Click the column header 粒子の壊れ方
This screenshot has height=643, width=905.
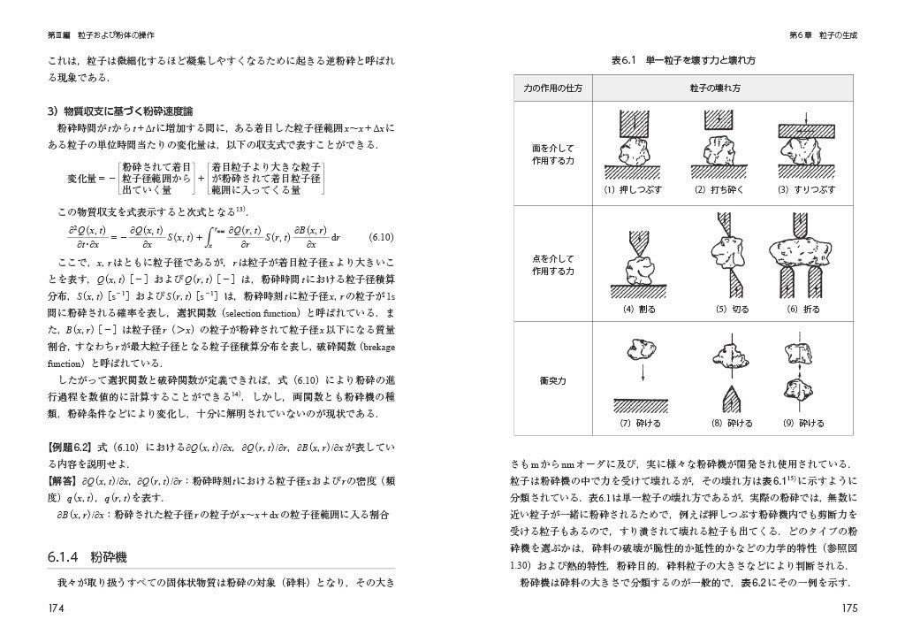(x=717, y=89)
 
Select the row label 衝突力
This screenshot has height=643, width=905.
(x=552, y=381)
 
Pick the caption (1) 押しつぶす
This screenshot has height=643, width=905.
(x=634, y=190)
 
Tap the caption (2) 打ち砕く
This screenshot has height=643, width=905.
(x=717, y=190)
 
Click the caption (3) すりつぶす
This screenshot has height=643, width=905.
(x=800, y=190)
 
